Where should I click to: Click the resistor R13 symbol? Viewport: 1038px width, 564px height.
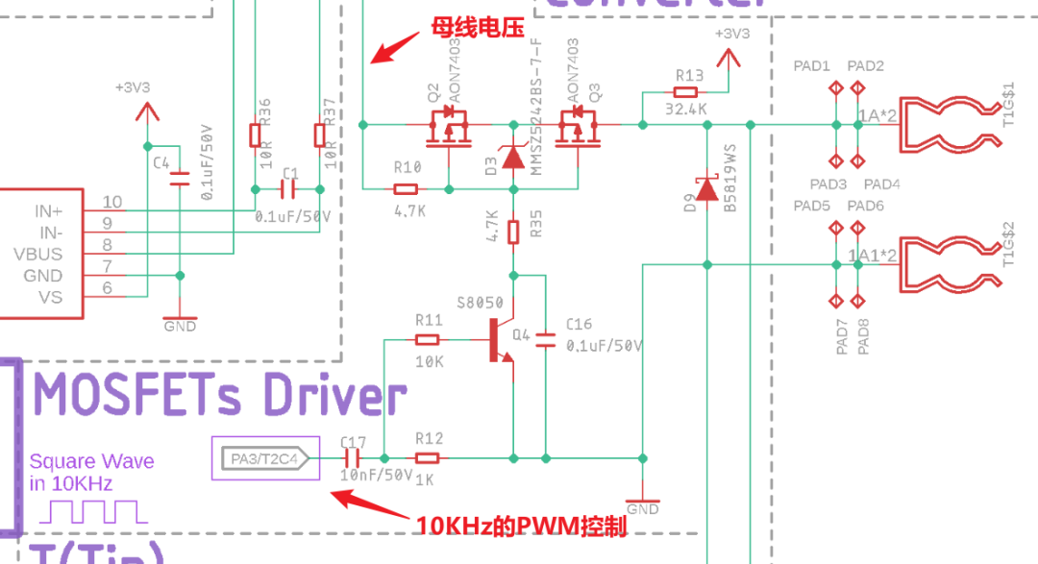tap(685, 92)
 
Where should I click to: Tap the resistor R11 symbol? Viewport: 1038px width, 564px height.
tap(428, 339)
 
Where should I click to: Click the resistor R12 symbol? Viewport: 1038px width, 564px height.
tap(428, 458)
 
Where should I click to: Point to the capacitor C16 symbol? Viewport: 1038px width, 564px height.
tap(546, 339)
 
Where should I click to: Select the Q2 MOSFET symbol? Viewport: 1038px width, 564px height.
tap(448, 128)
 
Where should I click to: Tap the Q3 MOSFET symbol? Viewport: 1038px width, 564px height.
tap(578, 128)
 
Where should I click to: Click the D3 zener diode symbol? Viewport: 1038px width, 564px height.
tap(513, 157)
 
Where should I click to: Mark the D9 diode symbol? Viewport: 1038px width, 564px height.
tap(706, 188)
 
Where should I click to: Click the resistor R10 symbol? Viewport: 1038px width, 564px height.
tap(408, 188)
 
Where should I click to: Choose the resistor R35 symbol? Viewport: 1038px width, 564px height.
tap(513, 231)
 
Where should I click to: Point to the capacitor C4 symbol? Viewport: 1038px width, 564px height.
tap(179, 179)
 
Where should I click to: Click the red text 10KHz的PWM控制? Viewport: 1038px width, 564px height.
tap(521, 527)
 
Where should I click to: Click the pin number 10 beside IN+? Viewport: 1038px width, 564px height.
tap(112, 202)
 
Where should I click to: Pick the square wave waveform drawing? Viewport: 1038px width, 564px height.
tap(93, 511)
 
